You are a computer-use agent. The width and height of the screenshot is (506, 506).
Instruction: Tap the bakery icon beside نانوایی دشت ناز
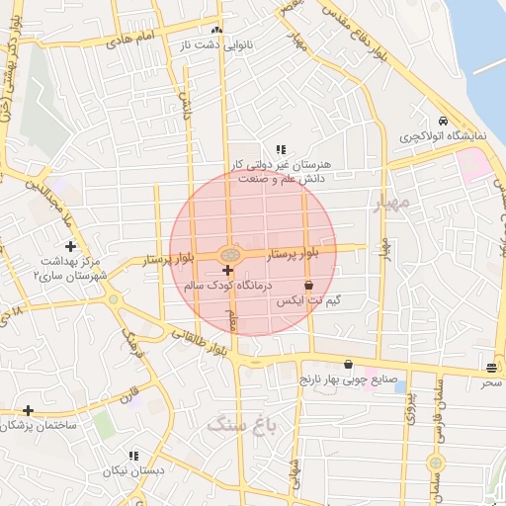coord(217,31)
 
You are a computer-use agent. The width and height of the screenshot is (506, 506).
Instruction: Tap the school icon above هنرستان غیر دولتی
coord(281,149)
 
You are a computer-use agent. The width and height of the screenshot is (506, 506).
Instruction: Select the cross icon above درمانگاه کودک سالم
coord(228,270)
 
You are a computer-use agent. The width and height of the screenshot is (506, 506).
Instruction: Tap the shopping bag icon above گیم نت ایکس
coord(309,285)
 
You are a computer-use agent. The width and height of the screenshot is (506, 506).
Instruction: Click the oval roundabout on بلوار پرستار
coord(228,253)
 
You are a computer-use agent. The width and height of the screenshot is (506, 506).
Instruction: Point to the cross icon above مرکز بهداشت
coord(70,245)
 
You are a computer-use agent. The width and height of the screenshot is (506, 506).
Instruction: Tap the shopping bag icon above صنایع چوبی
coord(347,364)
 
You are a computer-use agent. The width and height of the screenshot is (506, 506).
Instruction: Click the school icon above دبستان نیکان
coord(132,456)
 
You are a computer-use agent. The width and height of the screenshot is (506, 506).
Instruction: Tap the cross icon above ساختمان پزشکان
coord(28,410)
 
